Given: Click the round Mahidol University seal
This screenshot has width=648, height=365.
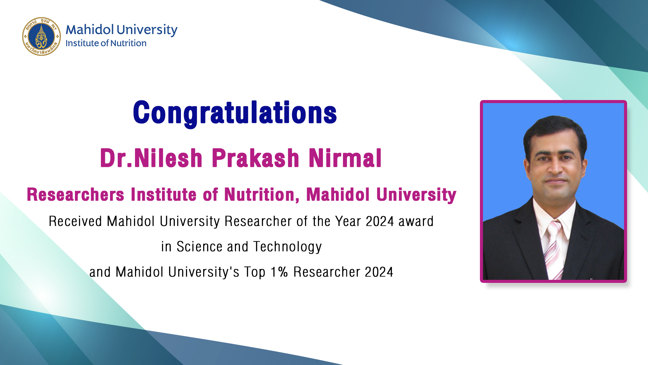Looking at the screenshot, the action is point(42,36).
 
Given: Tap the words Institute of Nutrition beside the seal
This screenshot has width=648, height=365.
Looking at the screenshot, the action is point(106,43).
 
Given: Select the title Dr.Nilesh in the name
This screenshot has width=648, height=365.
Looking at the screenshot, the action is point(151,158).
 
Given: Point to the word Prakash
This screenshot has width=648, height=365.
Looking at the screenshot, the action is point(255,158).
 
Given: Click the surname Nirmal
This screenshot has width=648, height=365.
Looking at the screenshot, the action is point(345,158).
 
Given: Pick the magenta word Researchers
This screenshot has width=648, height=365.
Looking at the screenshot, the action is point(76,195).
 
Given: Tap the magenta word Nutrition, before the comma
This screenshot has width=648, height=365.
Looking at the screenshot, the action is point(262,195).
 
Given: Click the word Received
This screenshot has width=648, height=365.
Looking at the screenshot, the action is point(75,221).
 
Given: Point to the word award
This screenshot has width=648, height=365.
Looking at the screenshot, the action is point(416,221).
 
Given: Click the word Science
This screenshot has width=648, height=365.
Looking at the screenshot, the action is point(199,247).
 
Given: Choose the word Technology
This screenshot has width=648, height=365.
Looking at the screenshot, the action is point(288,247).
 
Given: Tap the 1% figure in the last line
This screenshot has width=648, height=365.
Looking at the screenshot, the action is point(279,272).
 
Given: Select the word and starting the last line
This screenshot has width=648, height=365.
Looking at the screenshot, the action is point(100,272).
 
